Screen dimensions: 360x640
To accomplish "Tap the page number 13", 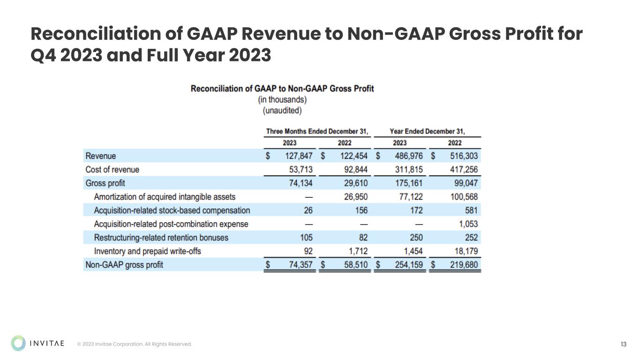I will coord(624,345).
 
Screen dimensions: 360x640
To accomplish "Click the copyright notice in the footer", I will coord(135,345).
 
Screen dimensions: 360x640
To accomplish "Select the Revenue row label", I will coord(101,156).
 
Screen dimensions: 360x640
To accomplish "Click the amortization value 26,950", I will coord(354,197).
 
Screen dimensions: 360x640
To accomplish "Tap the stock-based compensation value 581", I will coord(471,210).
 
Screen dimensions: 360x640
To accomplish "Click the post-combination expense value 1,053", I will coord(468,224).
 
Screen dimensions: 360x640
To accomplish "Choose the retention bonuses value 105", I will coord(306,238).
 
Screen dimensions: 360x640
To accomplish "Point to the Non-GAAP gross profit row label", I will coord(124,265).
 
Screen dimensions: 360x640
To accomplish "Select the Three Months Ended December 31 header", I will coord(317,131).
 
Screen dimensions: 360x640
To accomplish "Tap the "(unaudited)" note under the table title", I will coord(282,111).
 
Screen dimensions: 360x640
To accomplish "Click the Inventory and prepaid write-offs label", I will coord(147,251).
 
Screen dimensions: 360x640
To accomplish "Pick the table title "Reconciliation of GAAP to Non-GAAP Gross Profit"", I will coord(282,89).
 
